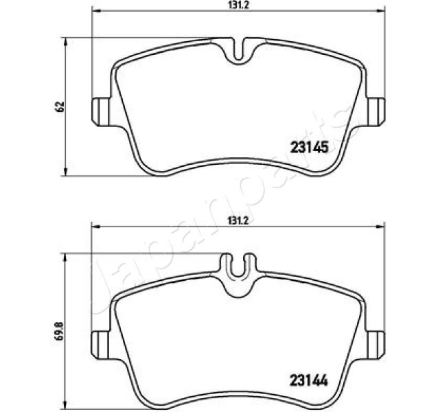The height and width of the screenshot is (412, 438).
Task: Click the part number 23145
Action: (309, 147)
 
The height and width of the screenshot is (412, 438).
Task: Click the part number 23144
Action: (309, 380)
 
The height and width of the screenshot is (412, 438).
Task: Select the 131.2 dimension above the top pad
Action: (238, 5)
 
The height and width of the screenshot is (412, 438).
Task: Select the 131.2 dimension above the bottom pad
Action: (238, 221)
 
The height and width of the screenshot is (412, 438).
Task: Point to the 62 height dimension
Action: (60, 106)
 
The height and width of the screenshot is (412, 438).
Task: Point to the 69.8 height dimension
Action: (60, 331)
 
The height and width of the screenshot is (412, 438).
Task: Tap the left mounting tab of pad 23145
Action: (101, 112)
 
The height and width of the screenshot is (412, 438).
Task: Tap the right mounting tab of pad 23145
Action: (376, 112)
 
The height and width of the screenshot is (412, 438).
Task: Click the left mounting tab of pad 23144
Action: (101, 345)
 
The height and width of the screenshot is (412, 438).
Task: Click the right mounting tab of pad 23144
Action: (376, 345)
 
